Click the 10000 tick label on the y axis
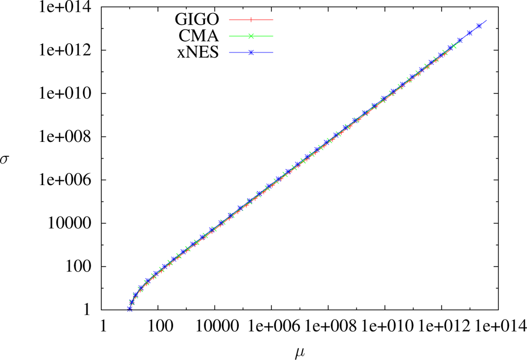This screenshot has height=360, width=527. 76,224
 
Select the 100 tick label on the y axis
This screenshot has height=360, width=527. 83,267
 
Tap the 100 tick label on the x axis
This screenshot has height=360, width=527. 159,326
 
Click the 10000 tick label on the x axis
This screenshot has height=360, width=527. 215,326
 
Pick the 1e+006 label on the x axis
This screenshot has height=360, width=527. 271,326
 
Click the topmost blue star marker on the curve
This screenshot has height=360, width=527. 479,26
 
